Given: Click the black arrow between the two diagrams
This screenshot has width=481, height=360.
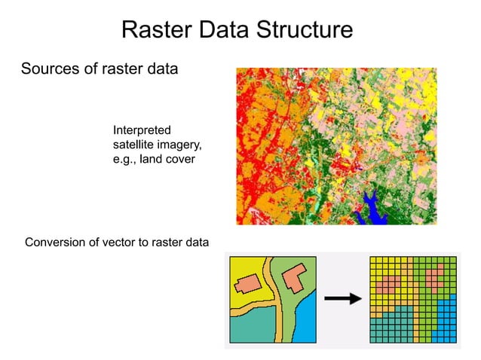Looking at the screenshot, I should point(342,299).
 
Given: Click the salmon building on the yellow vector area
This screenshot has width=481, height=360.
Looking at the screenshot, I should point(247,284).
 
